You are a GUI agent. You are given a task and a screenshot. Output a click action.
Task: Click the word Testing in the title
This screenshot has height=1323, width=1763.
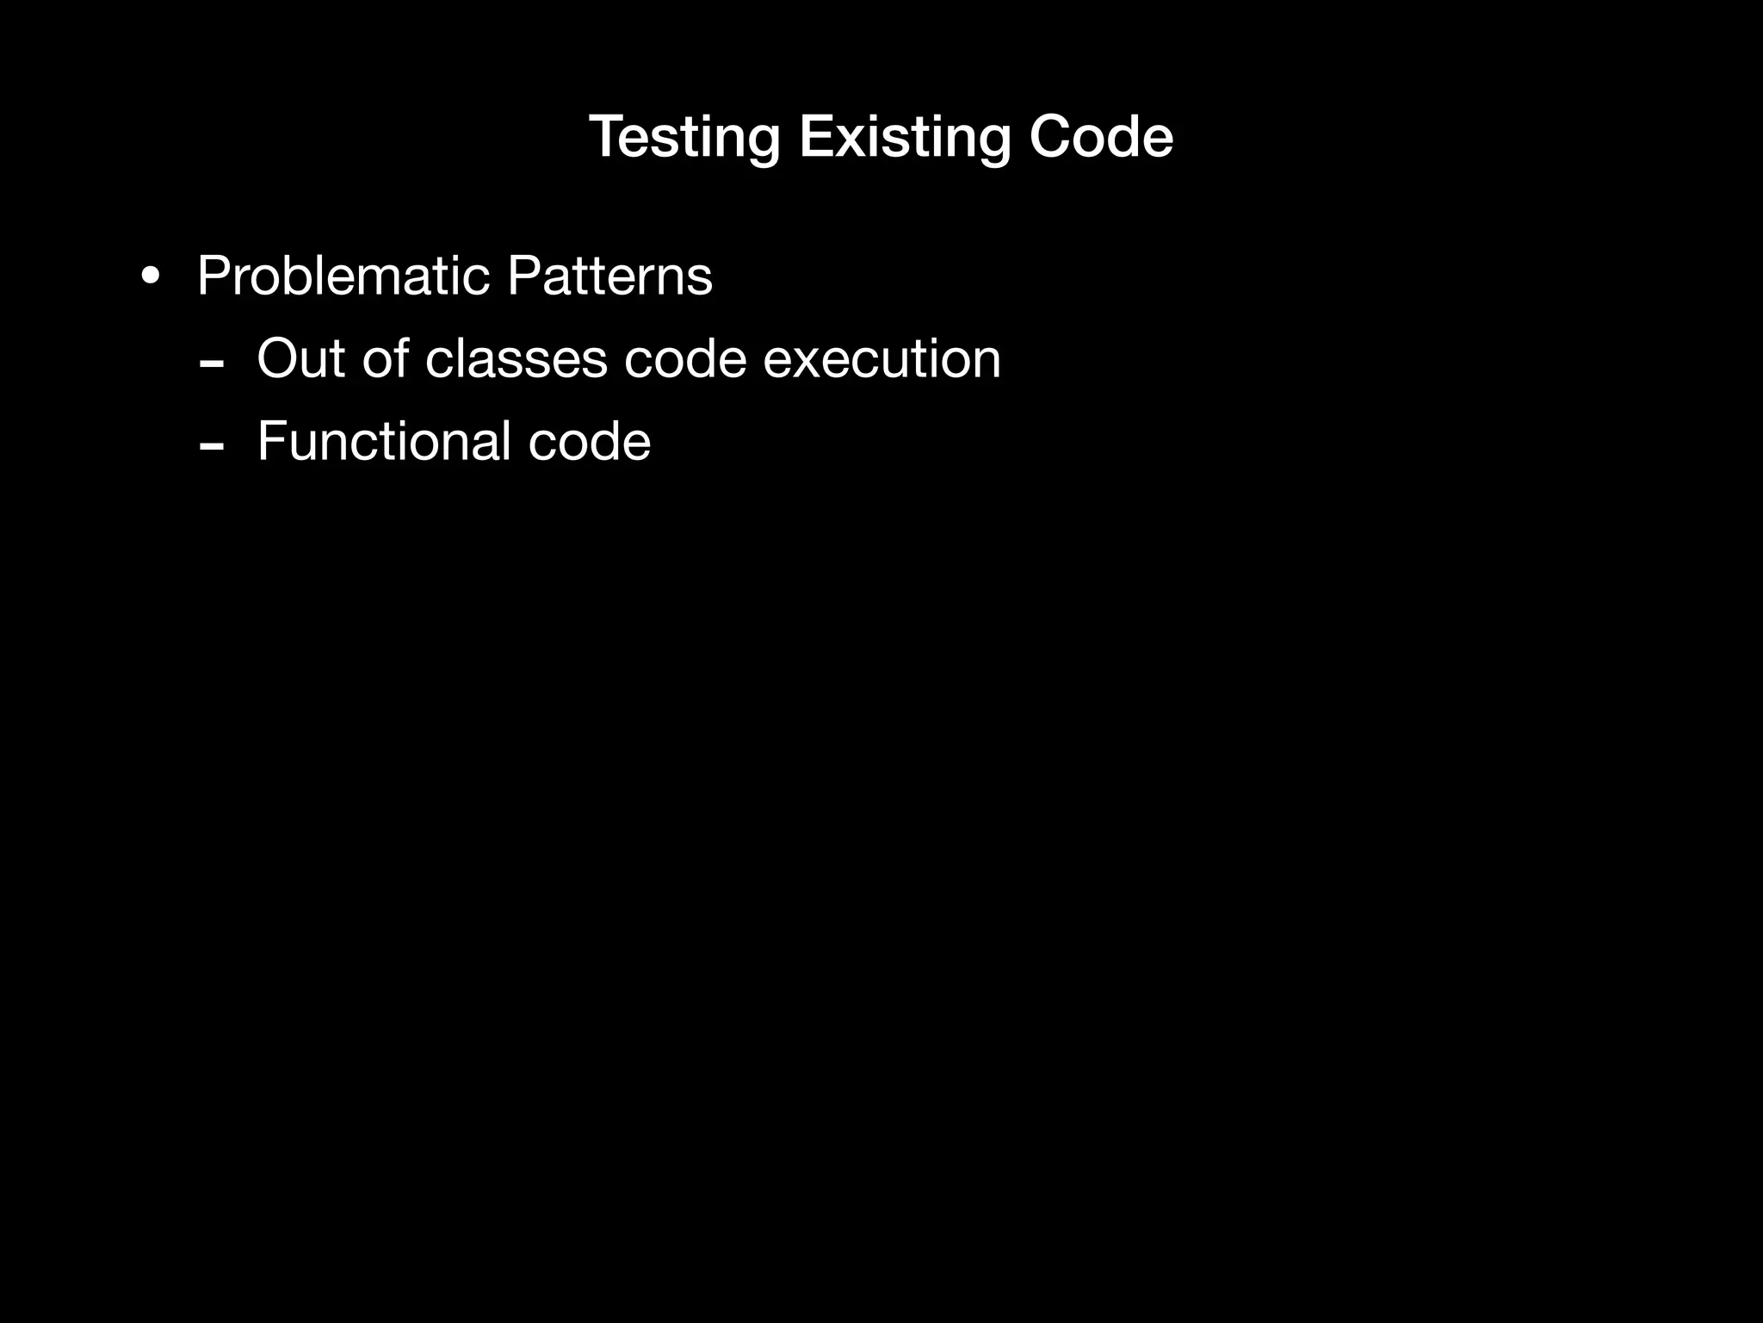click(x=684, y=138)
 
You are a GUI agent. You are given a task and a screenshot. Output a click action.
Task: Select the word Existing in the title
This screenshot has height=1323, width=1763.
click(x=904, y=138)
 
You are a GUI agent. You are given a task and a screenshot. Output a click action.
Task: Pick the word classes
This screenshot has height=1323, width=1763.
click(x=517, y=360)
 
